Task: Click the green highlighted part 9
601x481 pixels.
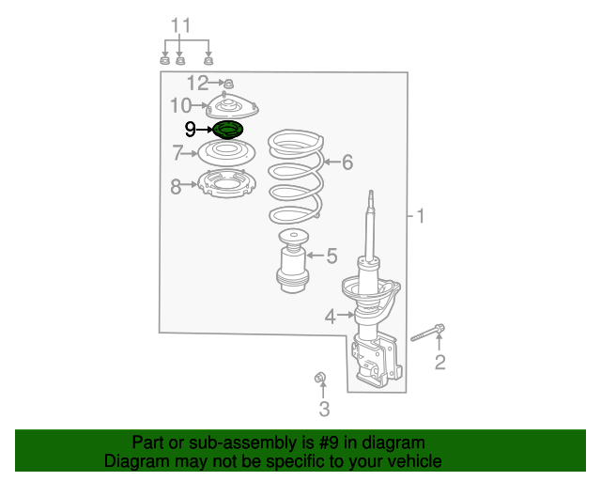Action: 227,130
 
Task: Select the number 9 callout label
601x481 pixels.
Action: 190,130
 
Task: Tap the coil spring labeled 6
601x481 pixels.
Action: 296,177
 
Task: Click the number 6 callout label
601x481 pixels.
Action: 347,162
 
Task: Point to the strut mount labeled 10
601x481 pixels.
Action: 233,106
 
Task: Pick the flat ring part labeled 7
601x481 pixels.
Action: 227,153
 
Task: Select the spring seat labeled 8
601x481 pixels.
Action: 227,183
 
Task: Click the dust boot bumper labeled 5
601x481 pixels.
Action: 292,261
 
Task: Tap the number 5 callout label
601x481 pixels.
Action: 331,256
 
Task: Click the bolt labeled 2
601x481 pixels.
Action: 428,333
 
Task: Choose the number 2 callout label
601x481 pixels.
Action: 440,363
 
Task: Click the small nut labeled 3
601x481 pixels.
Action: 319,378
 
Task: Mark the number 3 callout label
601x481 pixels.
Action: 324,409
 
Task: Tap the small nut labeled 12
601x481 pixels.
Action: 228,84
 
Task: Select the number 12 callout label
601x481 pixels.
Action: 198,83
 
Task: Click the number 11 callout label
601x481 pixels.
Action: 180,26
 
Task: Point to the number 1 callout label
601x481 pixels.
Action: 421,216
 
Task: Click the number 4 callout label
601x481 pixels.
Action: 331,317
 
